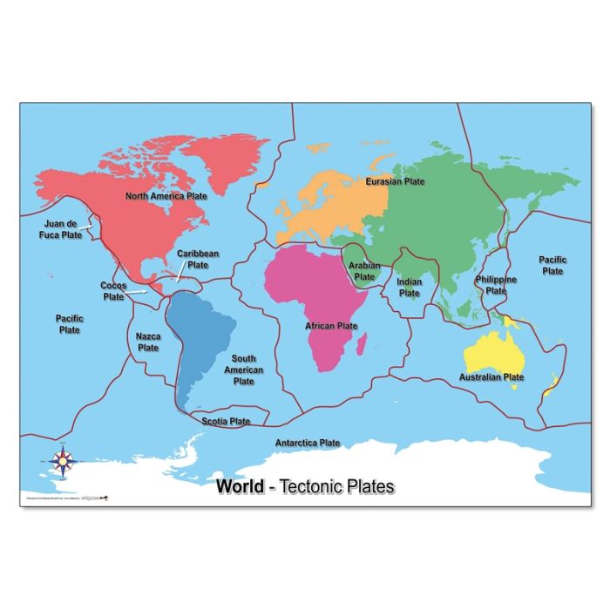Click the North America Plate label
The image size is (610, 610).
coord(166,196)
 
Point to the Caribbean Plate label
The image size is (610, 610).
coord(198,259)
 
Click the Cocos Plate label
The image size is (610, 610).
coord(114,291)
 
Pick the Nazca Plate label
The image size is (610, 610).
coord(148,341)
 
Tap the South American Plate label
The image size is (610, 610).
coord(244,369)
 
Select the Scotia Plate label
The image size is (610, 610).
coord(226,421)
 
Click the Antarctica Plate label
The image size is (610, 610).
coord(308,443)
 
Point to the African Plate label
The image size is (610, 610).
coord(331,326)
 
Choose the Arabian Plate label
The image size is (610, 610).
coord(363,271)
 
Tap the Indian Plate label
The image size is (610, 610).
coord(410,288)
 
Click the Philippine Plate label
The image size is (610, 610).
coord(496,285)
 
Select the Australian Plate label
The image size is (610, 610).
coord(491,377)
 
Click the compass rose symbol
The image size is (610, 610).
coord(63,461)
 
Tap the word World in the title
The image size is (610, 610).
coord(240,486)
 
